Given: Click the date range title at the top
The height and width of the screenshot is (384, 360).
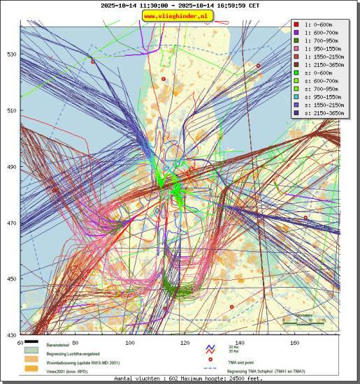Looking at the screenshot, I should (180, 5).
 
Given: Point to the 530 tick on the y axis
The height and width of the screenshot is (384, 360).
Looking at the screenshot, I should (11, 54).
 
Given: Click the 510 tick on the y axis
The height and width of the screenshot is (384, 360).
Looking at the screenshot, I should (11, 110).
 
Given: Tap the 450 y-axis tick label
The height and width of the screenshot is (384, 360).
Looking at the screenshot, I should (11, 279).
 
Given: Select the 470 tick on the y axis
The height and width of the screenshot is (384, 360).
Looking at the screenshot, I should (11, 223).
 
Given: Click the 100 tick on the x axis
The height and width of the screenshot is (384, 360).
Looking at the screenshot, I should (130, 343).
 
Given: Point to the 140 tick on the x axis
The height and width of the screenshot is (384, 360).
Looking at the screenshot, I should (240, 343).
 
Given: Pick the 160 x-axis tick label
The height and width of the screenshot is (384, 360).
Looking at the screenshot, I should (295, 343).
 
